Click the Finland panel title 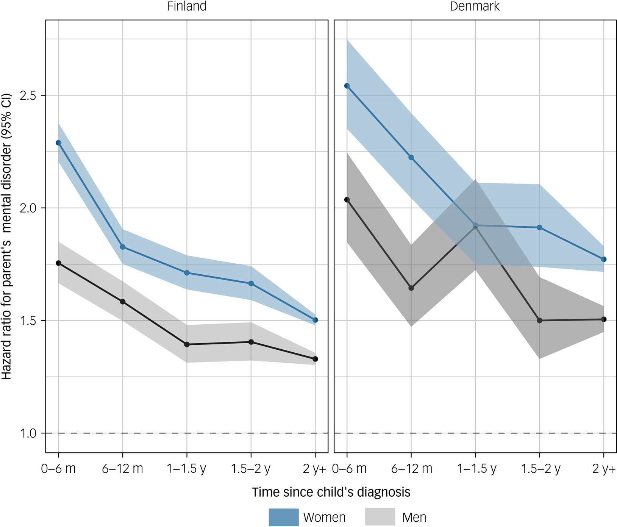point(187,6)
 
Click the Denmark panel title point(475,6)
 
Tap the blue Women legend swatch point(284,517)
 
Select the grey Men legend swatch point(380,517)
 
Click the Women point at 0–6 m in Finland point(58,143)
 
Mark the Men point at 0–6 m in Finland point(58,263)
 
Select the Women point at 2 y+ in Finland point(316,320)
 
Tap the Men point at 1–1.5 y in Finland point(187,344)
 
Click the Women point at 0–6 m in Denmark point(347,86)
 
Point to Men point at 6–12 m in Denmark point(411,288)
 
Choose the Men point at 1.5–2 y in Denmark point(540,321)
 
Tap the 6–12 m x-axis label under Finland point(122,469)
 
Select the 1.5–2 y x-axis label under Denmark point(540,469)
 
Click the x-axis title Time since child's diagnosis point(331,492)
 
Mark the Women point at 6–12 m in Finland point(122,247)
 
